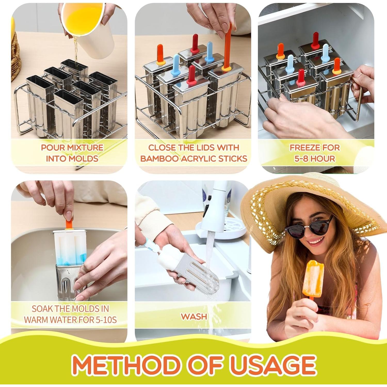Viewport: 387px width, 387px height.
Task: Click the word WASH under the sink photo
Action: [x=194, y=316]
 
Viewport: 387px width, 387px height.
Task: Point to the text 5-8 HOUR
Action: [x=315, y=158]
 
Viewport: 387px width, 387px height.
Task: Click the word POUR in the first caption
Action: [x=53, y=148]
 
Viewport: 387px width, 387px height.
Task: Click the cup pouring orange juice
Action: [x=83, y=21]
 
